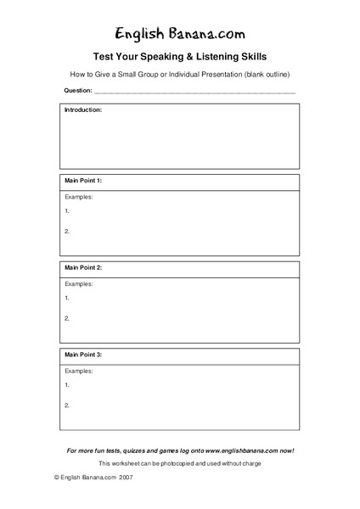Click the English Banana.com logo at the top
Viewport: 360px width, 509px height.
point(179,33)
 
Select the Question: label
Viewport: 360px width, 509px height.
point(77,89)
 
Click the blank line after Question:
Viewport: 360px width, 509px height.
point(194,90)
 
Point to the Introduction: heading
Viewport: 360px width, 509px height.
point(83,110)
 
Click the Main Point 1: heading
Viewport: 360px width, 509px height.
point(83,182)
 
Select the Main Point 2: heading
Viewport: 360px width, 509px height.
point(83,267)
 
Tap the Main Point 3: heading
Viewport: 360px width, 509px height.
point(83,352)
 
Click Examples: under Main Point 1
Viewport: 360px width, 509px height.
point(79,197)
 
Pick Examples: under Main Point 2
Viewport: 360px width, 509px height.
point(79,283)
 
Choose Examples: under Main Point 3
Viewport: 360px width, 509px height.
point(79,368)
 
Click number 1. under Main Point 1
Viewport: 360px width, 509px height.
point(67,210)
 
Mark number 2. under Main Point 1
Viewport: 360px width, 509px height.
point(67,232)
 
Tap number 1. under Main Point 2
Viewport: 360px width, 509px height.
point(67,298)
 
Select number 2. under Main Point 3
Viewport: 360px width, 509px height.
point(67,405)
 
